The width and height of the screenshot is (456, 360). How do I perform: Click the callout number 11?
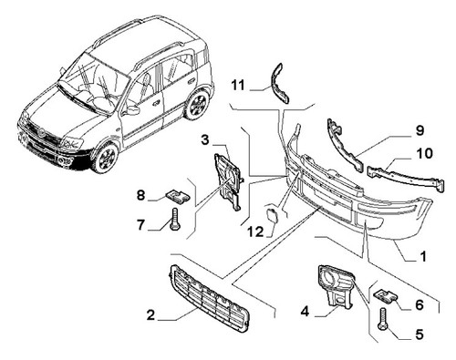[238, 85]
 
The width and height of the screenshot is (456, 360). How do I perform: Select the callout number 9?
[420, 130]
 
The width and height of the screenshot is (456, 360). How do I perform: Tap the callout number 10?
[425, 153]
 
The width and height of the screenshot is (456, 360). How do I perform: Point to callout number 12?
[255, 232]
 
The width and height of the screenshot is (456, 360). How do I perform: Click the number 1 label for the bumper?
[423, 256]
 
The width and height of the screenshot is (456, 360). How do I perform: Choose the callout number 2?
[150, 315]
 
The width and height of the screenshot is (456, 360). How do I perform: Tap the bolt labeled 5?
[382, 319]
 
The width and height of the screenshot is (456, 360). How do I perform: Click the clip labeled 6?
[386, 295]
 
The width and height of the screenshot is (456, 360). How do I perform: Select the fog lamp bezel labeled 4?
[336, 285]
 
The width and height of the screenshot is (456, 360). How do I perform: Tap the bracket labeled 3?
[229, 180]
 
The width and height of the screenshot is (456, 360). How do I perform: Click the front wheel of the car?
[105, 158]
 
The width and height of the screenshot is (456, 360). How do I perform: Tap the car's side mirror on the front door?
[131, 110]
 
